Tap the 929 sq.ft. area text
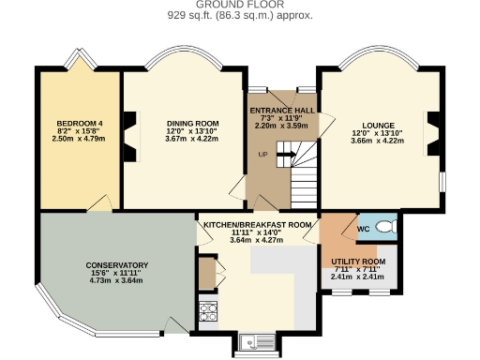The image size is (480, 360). coord(239,16)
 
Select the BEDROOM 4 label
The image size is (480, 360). coord(79,124)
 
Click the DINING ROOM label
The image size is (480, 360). coord(192,124)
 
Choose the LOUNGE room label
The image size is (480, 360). coord(379,125)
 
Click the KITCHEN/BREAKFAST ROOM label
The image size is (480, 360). coord(256,225)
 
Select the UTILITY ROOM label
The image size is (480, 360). coord(358,261)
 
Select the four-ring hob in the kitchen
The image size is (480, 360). coord(207,309)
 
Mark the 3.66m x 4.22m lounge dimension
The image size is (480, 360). coord(379,140)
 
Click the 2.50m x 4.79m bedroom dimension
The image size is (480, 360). coord(79,139)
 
